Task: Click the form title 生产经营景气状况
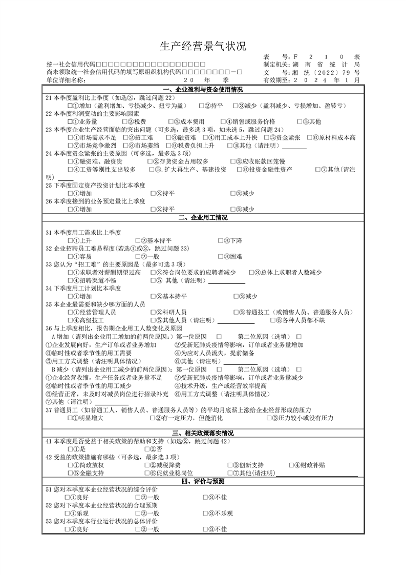click(x=203, y=47)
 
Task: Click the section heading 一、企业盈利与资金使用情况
click(x=203, y=90)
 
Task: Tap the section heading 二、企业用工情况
click(x=203, y=217)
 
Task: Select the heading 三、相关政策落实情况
click(x=203, y=433)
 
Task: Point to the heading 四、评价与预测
click(x=203, y=482)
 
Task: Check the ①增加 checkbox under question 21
click(x=71, y=106)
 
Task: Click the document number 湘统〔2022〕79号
click(x=326, y=73)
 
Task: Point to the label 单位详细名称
click(x=66, y=80)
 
